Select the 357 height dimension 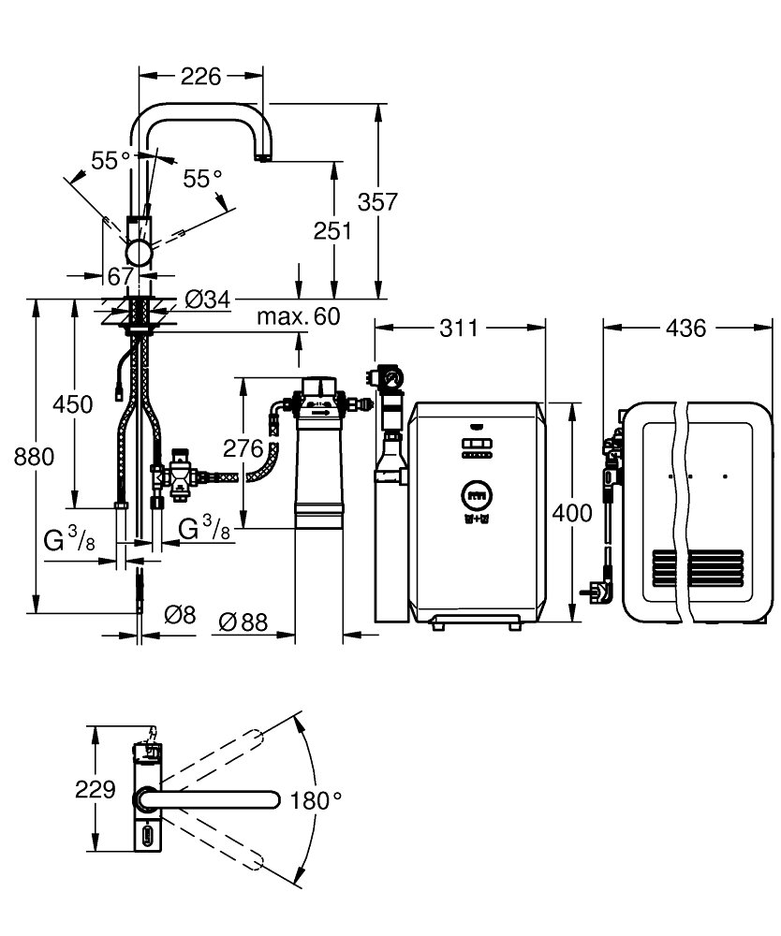click(378, 200)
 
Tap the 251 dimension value click(332, 230)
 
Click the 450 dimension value click(73, 404)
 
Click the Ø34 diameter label click(207, 300)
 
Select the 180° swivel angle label click(316, 800)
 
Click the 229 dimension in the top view click(95, 788)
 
